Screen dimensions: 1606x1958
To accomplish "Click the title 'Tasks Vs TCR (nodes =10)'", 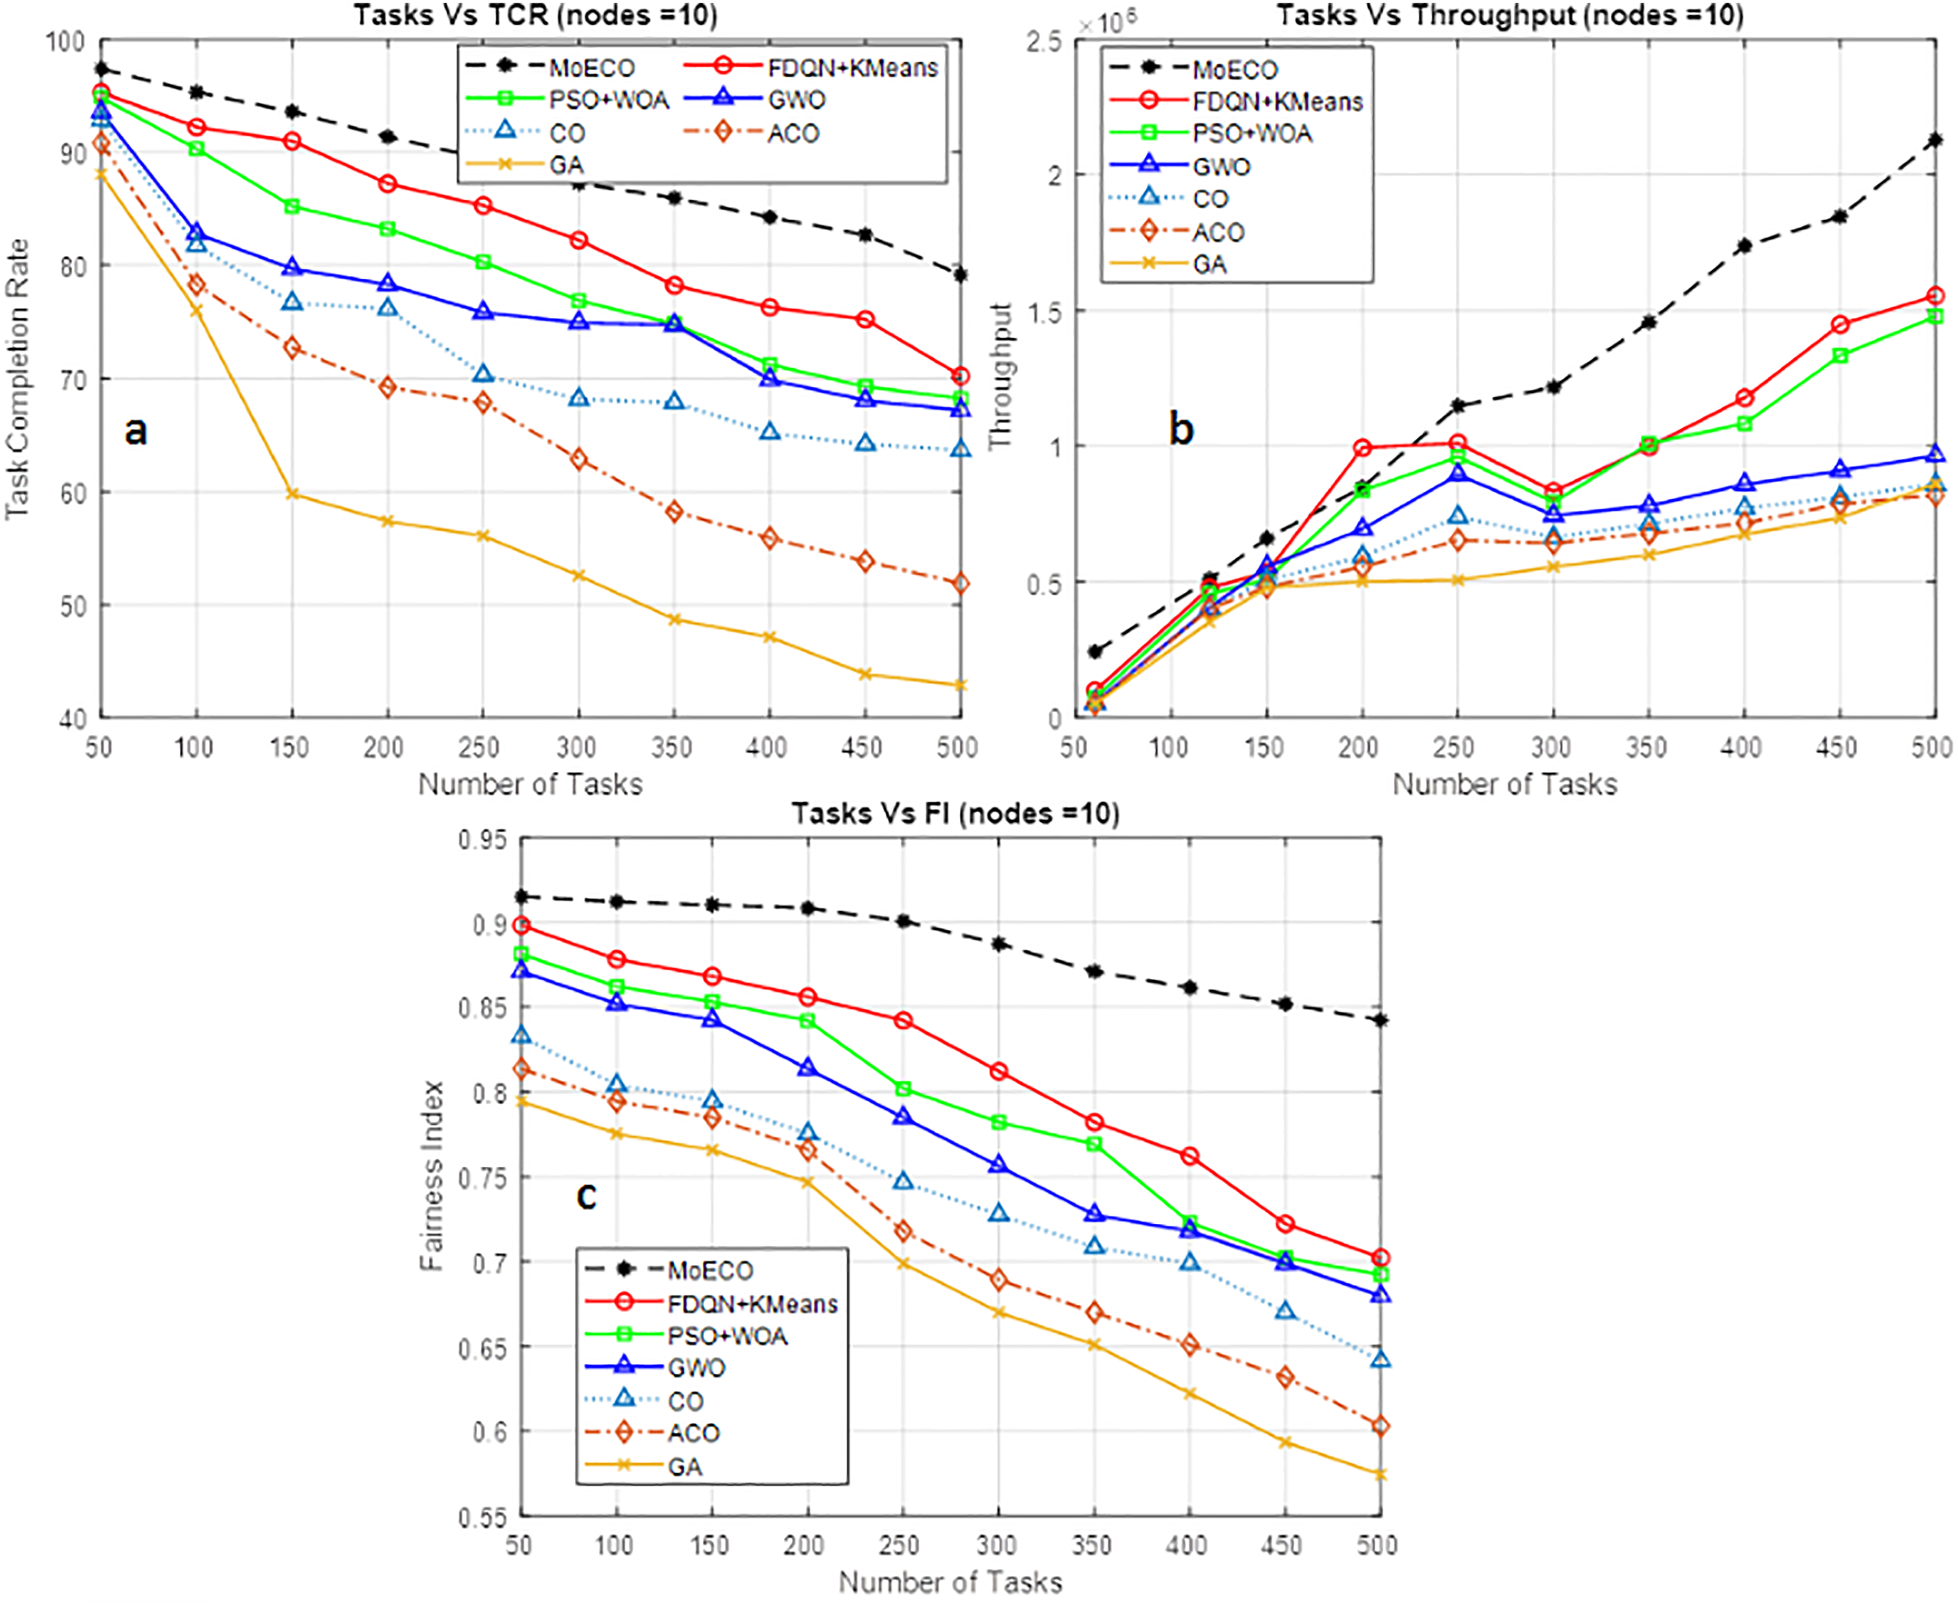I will click(535, 15).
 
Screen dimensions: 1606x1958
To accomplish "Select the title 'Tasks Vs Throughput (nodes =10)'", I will click(1509, 15).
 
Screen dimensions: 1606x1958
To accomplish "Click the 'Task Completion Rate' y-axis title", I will click(18, 379).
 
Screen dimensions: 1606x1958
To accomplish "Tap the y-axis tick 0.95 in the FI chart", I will click(483, 840).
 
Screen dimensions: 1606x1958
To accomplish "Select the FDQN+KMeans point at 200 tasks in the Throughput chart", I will click(1362, 448).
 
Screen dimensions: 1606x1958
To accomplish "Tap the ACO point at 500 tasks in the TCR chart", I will click(961, 584).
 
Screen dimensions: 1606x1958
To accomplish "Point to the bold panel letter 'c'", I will click(586, 1195).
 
